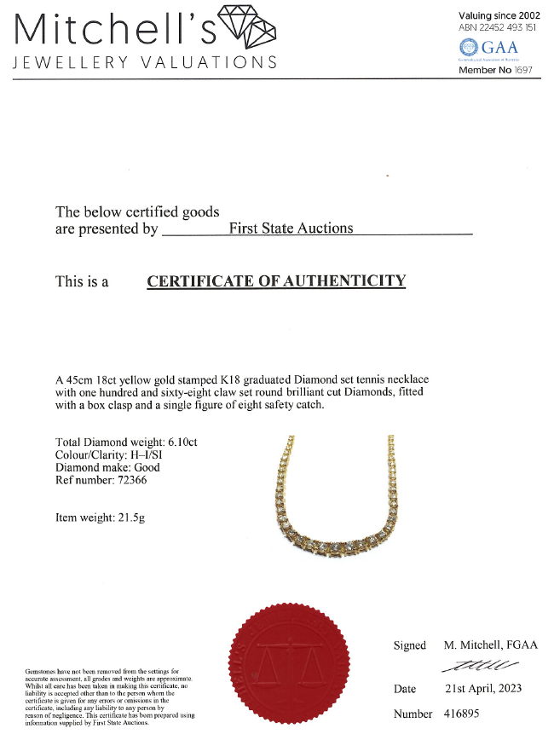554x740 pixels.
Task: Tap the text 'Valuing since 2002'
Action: coord(499,15)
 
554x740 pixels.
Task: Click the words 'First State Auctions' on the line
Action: coord(291,228)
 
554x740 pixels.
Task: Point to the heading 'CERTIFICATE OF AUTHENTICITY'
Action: coord(276,281)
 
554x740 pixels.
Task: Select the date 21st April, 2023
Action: coord(482,689)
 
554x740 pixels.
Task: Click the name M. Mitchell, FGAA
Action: coord(491,645)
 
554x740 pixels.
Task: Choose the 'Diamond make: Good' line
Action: coord(107,467)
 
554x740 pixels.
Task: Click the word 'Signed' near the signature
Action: coord(409,645)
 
